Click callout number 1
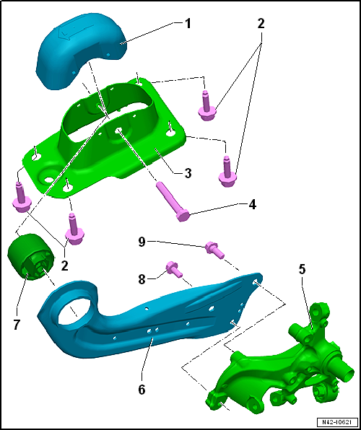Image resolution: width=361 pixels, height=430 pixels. point(187,24)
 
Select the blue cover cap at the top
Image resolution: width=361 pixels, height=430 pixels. point(82,51)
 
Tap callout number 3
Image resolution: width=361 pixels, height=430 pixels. point(188,173)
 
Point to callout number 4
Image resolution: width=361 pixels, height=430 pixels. point(252,205)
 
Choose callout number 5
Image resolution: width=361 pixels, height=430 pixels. point(302,269)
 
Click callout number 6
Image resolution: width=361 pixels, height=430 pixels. point(142,390)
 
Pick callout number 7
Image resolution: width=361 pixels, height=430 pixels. point(16,325)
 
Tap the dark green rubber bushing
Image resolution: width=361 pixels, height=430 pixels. point(30,257)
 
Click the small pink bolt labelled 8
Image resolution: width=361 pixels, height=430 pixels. point(174,269)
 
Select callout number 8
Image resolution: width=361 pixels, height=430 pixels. point(142,280)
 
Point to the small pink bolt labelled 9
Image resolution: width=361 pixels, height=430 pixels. point(214,250)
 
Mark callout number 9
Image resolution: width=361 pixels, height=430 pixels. point(142,243)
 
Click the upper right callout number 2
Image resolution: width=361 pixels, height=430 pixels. point(261,24)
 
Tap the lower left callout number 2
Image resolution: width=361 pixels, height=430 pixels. point(64,266)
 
